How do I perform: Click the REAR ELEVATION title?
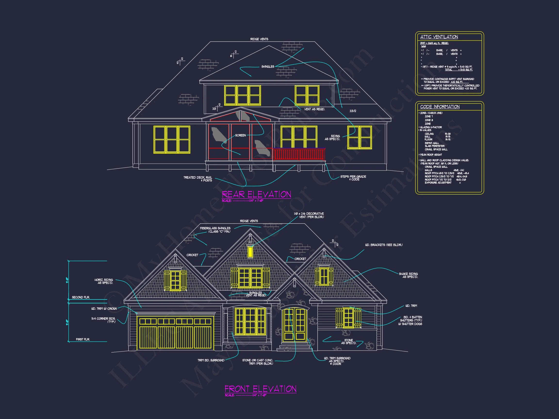(256, 194)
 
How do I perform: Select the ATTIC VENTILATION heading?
(439, 37)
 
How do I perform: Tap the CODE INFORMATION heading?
(440, 107)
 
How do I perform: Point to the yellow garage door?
(175, 333)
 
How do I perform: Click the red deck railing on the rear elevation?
(299, 154)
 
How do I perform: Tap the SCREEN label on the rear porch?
(240, 135)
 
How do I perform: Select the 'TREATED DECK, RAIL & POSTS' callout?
(198, 179)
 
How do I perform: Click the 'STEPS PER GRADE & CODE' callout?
(353, 178)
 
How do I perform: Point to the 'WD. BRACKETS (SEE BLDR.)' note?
(384, 245)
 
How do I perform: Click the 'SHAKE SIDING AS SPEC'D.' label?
(408, 275)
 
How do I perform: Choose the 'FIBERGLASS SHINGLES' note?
(215, 230)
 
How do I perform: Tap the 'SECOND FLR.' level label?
(81, 297)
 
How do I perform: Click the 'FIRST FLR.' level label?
(83, 339)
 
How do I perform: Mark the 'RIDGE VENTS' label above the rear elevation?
(259, 39)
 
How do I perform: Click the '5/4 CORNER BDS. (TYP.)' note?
(103, 320)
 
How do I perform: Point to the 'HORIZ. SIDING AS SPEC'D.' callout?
(104, 281)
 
